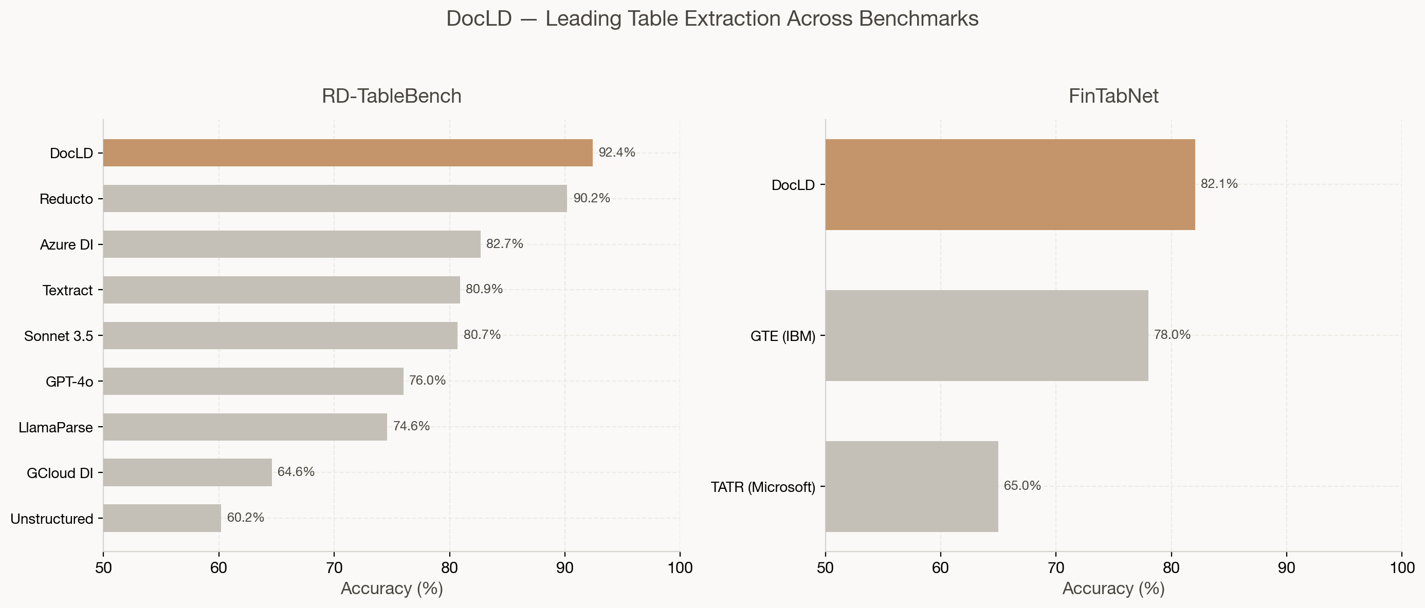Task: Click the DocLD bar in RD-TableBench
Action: point(348,153)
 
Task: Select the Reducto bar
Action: point(335,198)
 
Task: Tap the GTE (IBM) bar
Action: point(986,335)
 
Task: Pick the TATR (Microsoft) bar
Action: point(911,486)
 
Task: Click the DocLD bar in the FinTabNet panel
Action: point(1010,185)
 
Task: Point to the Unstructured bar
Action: point(161,518)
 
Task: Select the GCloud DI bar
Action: point(187,472)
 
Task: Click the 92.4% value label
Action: point(617,153)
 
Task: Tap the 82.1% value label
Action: point(1219,184)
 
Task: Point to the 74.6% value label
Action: point(411,426)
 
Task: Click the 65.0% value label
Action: point(1022,486)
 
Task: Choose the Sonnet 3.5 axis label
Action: point(59,336)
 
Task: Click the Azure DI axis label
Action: point(66,245)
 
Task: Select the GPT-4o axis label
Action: point(69,382)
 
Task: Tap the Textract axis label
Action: point(67,290)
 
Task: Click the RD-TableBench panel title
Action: point(391,96)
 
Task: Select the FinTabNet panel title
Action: point(1113,96)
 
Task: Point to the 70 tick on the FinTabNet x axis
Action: point(1055,567)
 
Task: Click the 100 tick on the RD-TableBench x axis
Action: point(680,567)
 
